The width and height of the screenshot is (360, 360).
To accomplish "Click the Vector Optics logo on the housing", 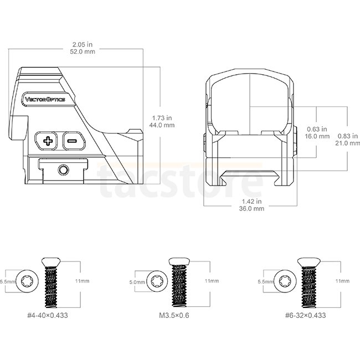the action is click(x=45, y=99).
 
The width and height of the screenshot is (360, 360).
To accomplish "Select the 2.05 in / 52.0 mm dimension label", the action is click(x=83, y=48).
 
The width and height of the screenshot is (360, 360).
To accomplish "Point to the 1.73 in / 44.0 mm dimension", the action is click(x=162, y=121).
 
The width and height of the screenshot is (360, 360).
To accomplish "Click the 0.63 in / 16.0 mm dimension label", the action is click(x=317, y=132).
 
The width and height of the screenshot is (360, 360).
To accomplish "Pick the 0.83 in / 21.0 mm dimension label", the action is click(x=347, y=140).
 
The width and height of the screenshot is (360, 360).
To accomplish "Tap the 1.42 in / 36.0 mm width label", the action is click(x=251, y=205).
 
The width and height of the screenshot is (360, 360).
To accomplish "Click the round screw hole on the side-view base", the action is click(x=63, y=170).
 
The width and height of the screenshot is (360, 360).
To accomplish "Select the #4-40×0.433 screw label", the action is click(x=48, y=315).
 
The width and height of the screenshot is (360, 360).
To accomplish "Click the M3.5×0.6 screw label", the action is click(x=174, y=315).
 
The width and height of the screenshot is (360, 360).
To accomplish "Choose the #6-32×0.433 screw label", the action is click(x=305, y=315).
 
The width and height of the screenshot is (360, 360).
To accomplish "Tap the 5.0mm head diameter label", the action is click(x=137, y=282).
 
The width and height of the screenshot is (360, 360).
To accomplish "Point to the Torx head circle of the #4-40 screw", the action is click(x=28, y=281).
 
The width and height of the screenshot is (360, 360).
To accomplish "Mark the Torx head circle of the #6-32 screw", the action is click(x=285, y=281).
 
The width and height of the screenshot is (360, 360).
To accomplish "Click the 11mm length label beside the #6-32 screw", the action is click(x=342, y=281).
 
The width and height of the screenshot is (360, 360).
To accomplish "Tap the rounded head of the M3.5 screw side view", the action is click(x=179, y=261).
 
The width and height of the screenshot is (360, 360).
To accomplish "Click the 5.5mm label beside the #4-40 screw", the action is click(x=8, y=281).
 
